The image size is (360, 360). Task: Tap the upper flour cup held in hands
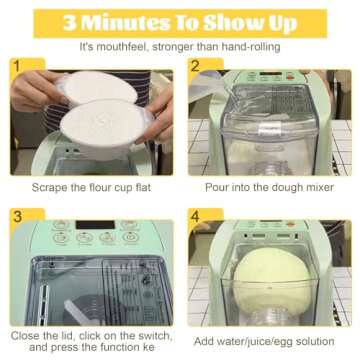click(99, 87)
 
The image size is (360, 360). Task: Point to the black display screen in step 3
click(95, 225)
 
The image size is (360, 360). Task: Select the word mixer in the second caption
click(318, 187)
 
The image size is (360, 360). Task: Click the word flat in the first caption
click(142, 188)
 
